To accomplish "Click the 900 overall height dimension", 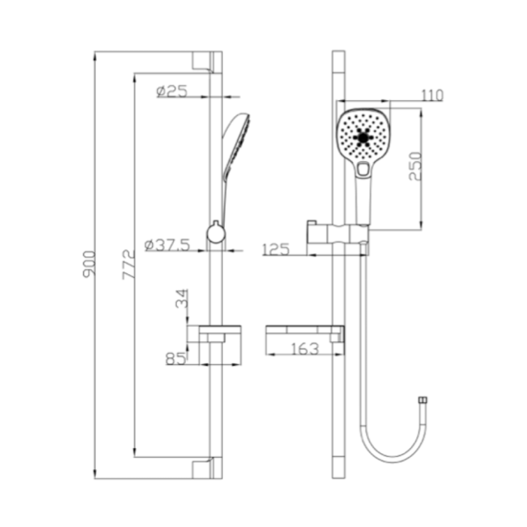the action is tap(89, 263).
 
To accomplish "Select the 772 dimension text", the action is tap(129, 264).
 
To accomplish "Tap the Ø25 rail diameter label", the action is tap(172, 91).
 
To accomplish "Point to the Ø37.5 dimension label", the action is tap(167, 245).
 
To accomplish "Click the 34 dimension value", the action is tap(182, 298).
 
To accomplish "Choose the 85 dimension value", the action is tap(175, 358).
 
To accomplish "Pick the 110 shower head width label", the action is tap(432, 95).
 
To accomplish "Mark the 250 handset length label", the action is tap(415, 166).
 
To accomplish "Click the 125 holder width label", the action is tap(276, 249).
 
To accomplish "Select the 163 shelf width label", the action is tap(304, 349).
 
